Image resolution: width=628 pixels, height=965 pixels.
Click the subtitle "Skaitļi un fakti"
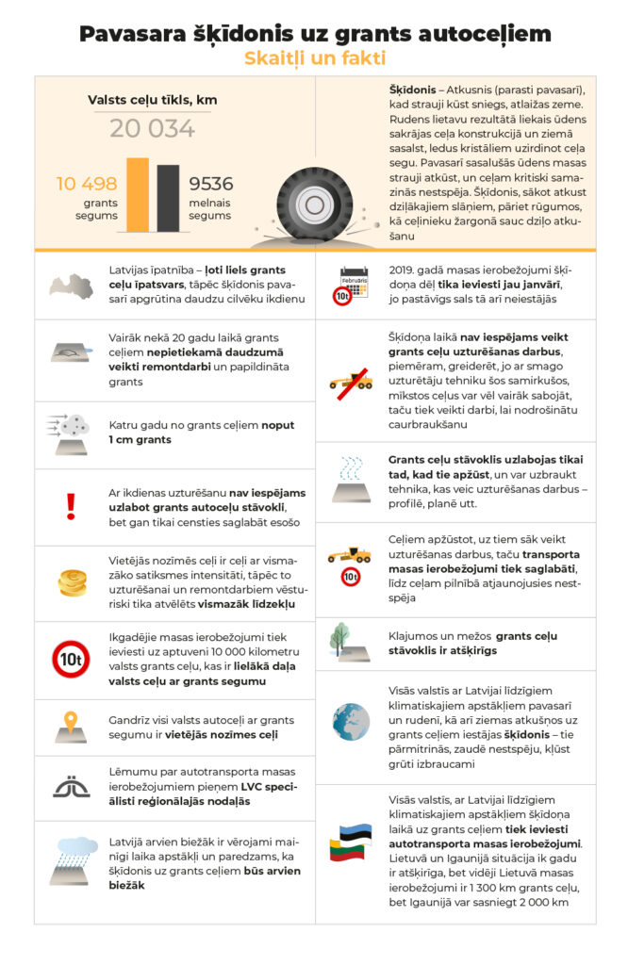[314, 58]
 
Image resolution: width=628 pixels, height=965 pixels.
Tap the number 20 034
[152, 129]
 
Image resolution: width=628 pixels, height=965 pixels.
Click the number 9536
[211, 184]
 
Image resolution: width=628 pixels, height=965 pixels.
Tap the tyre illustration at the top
[307, 203]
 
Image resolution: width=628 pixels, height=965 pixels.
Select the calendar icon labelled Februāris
[351, 279]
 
